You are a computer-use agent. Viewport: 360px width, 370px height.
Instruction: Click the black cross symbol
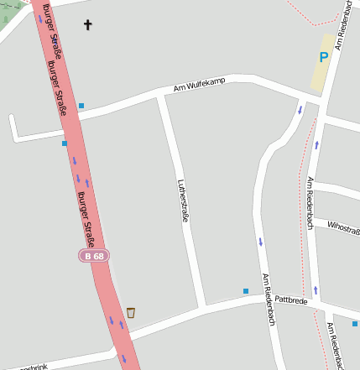pyautogui.click(x=88, y=25)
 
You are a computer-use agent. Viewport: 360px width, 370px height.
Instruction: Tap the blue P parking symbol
pyautogui.click(x=323, y=58)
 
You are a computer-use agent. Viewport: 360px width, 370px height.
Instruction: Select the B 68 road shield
pyautogui.click(x=93, y=255)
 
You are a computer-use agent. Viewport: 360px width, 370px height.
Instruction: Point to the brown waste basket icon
pyautogui.click(x=131, y=313)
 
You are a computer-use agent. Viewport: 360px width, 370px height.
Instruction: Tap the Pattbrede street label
pyautogui.click(x=291, y=299)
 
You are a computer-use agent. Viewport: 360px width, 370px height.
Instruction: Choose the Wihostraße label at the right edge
pyautogui.click(x=343, y=227)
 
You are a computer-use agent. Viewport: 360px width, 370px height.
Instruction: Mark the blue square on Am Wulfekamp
pyautogui.click(x=81, y=106)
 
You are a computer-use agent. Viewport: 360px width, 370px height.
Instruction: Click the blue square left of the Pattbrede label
pyautogui.click(x=246, y=291)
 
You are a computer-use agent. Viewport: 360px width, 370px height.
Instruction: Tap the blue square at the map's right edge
pyautogui.click(x=355, y=323)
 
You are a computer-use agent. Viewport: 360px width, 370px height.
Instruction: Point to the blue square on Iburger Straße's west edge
pyautogui.click(x=64, y=143)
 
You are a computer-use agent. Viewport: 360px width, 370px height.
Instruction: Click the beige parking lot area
pyautogui.click(x=322, y=63)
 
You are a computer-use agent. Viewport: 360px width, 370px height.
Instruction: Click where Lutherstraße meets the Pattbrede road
pyautogui.click(x=201, y=307)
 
